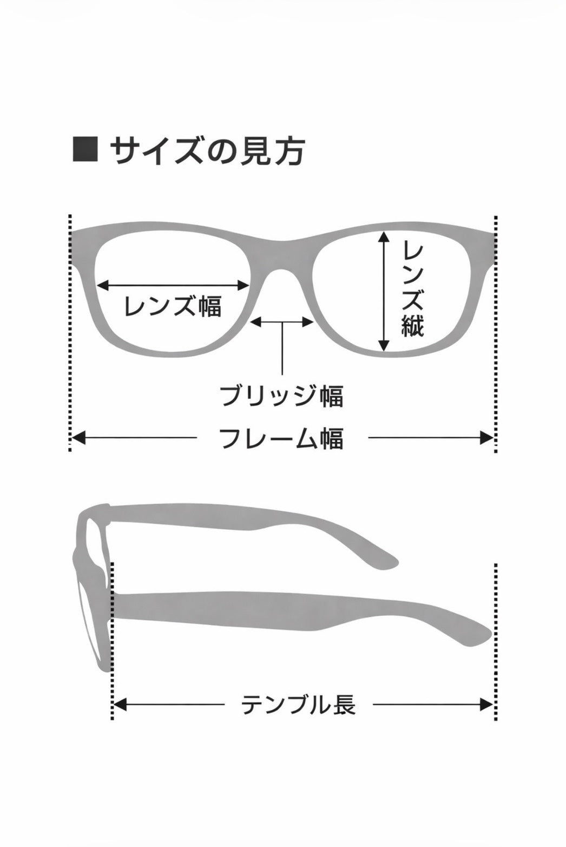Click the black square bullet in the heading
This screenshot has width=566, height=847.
pos(85,150)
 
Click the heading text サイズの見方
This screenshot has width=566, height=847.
pos(207,150)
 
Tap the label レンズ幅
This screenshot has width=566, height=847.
pos(173,306)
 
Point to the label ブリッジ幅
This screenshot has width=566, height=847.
pos(282,396)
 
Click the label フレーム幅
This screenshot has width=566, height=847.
pos(282,438)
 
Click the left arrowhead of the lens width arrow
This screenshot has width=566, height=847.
pos(103,285)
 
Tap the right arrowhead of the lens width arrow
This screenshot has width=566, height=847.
pos(243,285)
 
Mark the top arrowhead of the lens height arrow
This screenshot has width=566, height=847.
pos(384,237)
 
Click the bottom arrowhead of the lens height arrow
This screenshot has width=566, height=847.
pos(384,345)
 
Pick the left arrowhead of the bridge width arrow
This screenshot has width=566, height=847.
pos(256,322)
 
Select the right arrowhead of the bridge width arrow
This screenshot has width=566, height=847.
pos(308,322)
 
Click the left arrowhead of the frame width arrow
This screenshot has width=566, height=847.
pos(78,438)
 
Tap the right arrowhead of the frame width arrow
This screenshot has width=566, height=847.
pos(486,438)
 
